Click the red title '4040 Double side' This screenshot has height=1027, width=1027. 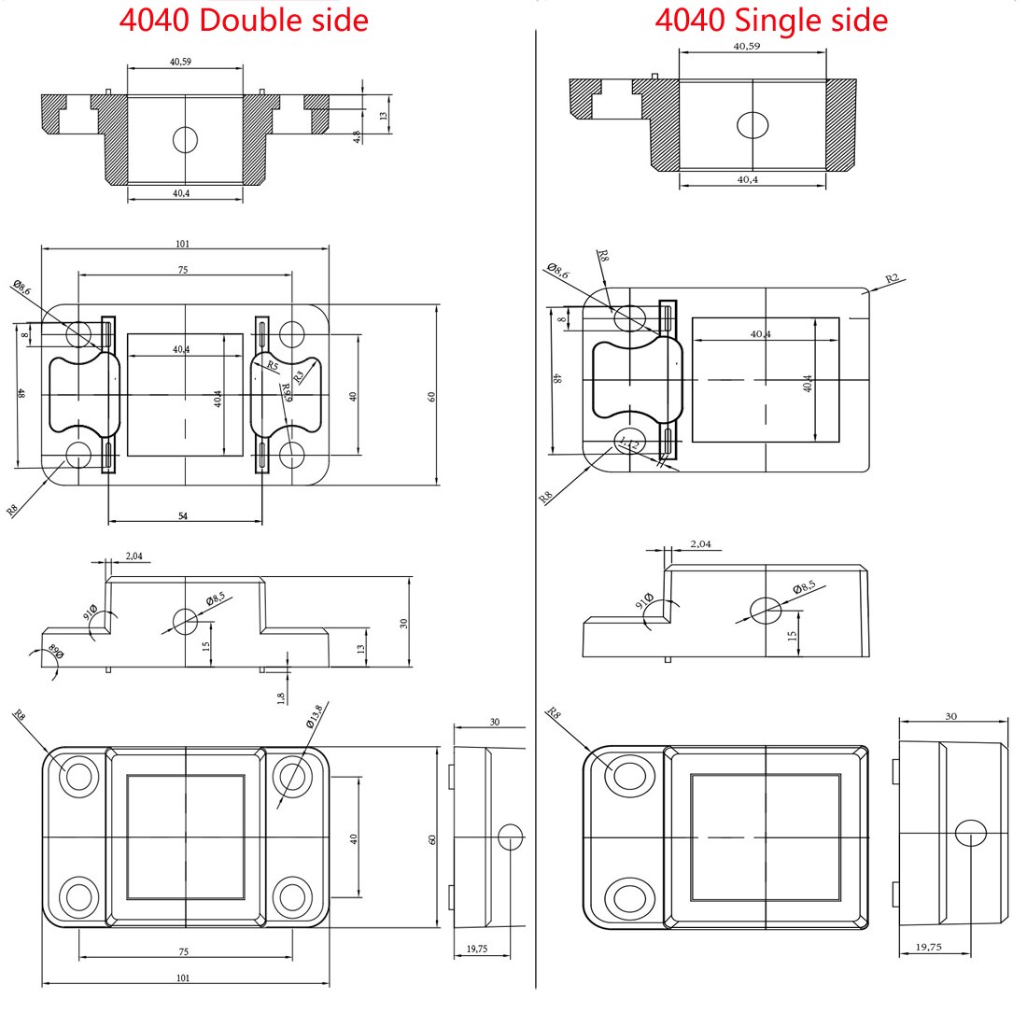[x=243, y=20]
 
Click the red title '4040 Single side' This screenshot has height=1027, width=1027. [x=770, y=20]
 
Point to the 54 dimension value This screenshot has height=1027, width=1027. [x=183, y=515]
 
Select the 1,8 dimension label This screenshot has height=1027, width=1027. [x=281, y=697]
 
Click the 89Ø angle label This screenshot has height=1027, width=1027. [x=55, y=654]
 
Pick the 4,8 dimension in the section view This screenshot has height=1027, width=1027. [x=357, y=136]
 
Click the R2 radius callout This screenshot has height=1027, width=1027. [x=892, y=279]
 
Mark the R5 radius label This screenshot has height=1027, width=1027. [x=272, y=365]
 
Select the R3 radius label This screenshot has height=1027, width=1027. [x=299, y=377]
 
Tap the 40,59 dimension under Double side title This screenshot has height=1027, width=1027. [x=181, y=62]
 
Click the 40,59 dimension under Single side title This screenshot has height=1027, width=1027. [x=747, y=45]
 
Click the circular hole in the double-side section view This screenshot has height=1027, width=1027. [x=185, y=139]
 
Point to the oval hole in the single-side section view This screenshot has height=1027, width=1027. [x=753, y=124]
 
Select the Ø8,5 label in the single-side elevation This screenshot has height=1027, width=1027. [x=804, y=587]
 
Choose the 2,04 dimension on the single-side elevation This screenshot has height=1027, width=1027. [x=700, y=543]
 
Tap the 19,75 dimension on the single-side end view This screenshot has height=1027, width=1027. [x=927, y=947]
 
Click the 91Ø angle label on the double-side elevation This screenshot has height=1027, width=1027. [x=91, y=612]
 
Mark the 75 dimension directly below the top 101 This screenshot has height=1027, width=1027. [x=183, y=270]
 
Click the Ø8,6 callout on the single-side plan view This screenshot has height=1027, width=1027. [x=557, y=272]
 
